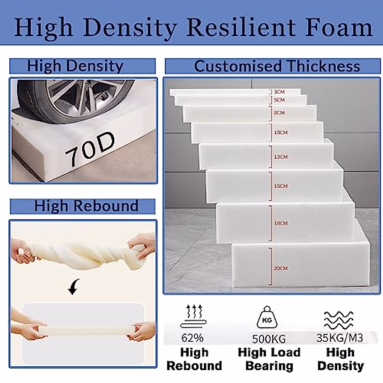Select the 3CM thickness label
[279, 92]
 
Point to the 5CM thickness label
[279, 100]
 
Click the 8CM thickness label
[279, 113]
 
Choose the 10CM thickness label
[281, 132]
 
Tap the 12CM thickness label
[281, 157]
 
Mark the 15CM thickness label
[281, 186]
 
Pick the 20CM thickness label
[281, 268]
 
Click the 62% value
[192, 338]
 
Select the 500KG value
[269, 339]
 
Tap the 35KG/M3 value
[340, 338]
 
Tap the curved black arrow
[74, 287]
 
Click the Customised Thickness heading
[277, 66]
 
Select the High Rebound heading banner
[83, 206]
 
